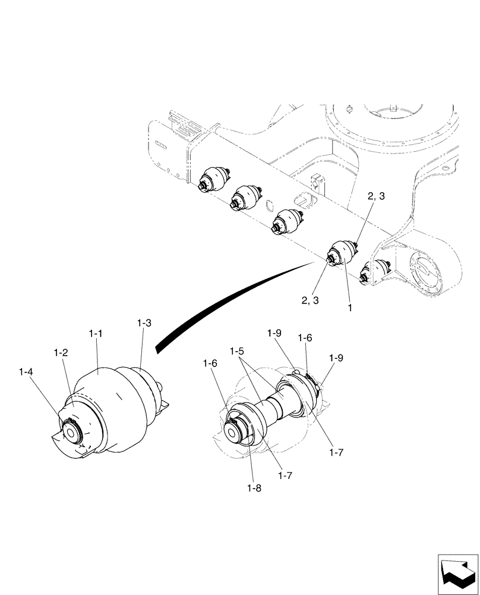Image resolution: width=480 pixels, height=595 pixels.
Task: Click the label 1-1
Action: [97, 335]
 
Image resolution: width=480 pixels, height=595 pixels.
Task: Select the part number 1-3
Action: [144, 323]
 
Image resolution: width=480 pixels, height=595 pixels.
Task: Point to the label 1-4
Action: [26, 372]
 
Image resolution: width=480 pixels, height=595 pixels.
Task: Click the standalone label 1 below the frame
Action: [350, 309]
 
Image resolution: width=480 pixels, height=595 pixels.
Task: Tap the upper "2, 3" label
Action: [375, 197]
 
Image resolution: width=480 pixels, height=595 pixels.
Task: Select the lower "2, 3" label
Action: [310, 301]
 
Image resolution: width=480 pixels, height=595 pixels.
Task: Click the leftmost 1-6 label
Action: [209, 363]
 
